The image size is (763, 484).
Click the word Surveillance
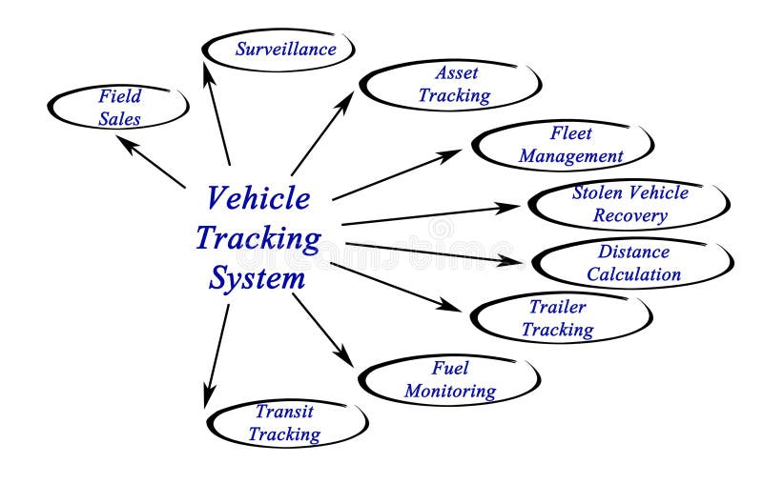tap(285, 49)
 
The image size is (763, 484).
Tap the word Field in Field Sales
tap(119, 96)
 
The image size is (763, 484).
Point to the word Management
tap(571, 156)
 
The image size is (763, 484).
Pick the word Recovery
tap(629, 215)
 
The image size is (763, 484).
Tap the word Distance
tap(633, 252)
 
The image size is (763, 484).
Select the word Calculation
tap(633, 274)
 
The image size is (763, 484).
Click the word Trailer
tap(558, 307)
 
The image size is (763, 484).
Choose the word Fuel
tap(449, 368)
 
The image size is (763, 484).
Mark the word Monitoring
tap(449, 391)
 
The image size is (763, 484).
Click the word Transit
tap(284, 412)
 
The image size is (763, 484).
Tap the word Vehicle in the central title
tap(258, 198)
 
